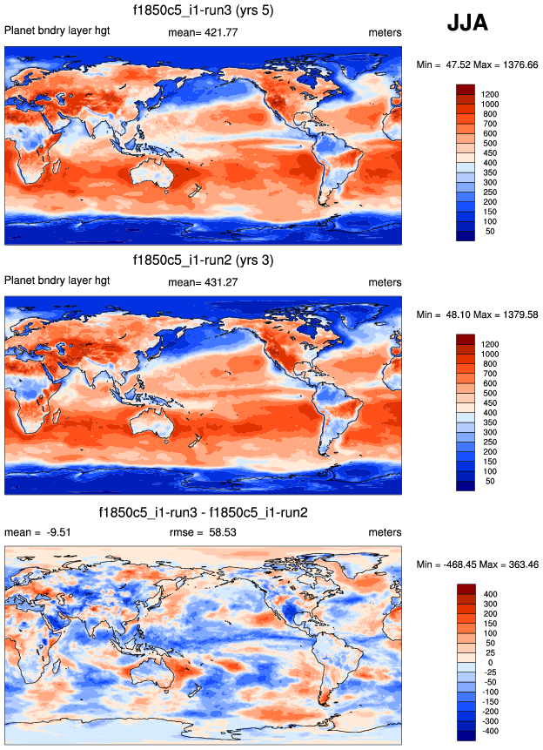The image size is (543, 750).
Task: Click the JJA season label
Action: point(473,24)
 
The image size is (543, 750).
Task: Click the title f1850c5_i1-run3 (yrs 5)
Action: point(203,12)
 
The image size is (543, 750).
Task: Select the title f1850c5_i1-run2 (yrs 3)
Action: point(203,260)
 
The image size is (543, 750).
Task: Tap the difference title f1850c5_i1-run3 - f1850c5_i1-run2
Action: point(203,511)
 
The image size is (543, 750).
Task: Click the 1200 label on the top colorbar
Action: point(490,94)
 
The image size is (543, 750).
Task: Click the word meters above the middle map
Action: point(385,282)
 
